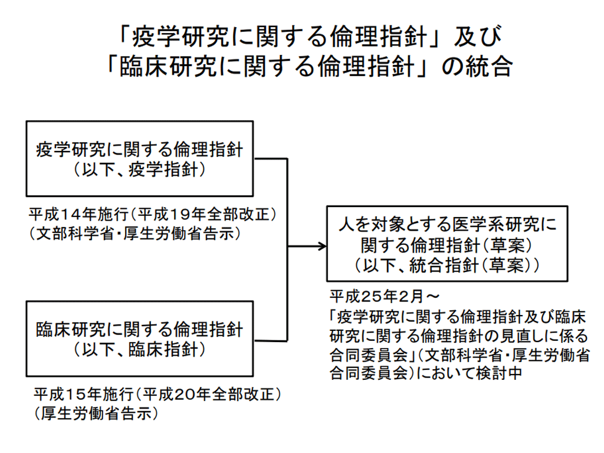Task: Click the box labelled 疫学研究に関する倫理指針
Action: click(139, 158)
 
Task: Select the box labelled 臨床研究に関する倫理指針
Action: click(139, 338)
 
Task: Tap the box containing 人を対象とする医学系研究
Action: click(447, 243)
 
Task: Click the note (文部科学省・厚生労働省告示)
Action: click(134, 233)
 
